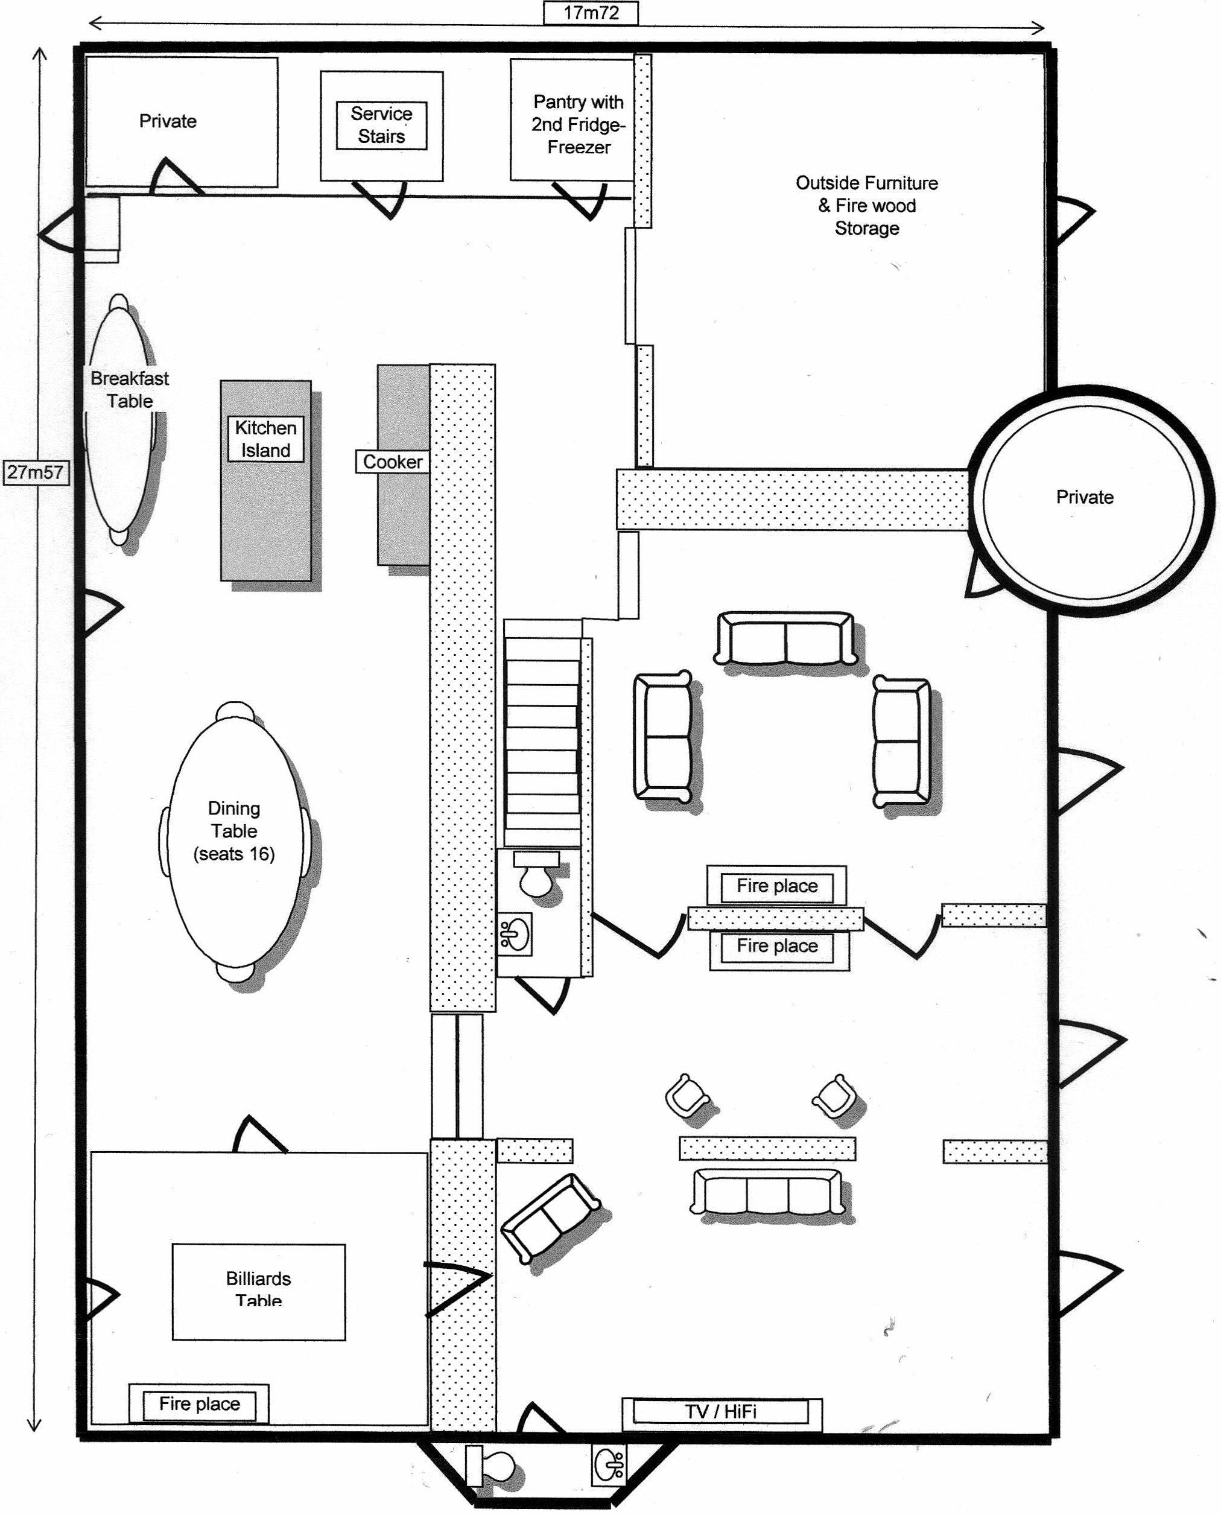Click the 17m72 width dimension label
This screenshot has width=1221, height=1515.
tap(591, 13)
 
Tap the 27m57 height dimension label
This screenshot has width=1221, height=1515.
tap(36, 472)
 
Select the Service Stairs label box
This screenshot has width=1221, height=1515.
tap(381, 125)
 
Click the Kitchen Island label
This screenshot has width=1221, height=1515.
tap(265, 439)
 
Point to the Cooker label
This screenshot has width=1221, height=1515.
tap(393, 462)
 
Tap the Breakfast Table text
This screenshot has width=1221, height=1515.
tap(130, 390)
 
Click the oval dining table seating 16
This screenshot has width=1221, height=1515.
tap(234, 837)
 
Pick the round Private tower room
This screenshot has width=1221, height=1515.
tap(1088, 500)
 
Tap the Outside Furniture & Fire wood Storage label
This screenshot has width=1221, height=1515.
tap(866, 205)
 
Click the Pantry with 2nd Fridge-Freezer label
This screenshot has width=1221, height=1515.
tap(578, 124)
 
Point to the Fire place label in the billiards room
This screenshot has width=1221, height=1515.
tap(199, 1404)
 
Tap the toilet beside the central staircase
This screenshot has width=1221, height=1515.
tap(537, 873)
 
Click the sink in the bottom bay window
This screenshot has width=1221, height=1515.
tap(609, 1465)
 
